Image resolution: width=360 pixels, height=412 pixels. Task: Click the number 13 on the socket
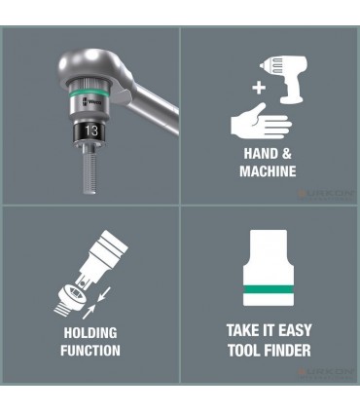90,128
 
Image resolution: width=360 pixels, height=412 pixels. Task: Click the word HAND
259,155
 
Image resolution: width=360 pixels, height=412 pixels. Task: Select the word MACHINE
267,171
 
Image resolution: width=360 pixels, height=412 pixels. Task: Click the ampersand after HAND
289,155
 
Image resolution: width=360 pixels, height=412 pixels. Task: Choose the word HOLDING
91,334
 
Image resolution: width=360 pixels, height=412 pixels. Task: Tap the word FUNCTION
91,350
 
